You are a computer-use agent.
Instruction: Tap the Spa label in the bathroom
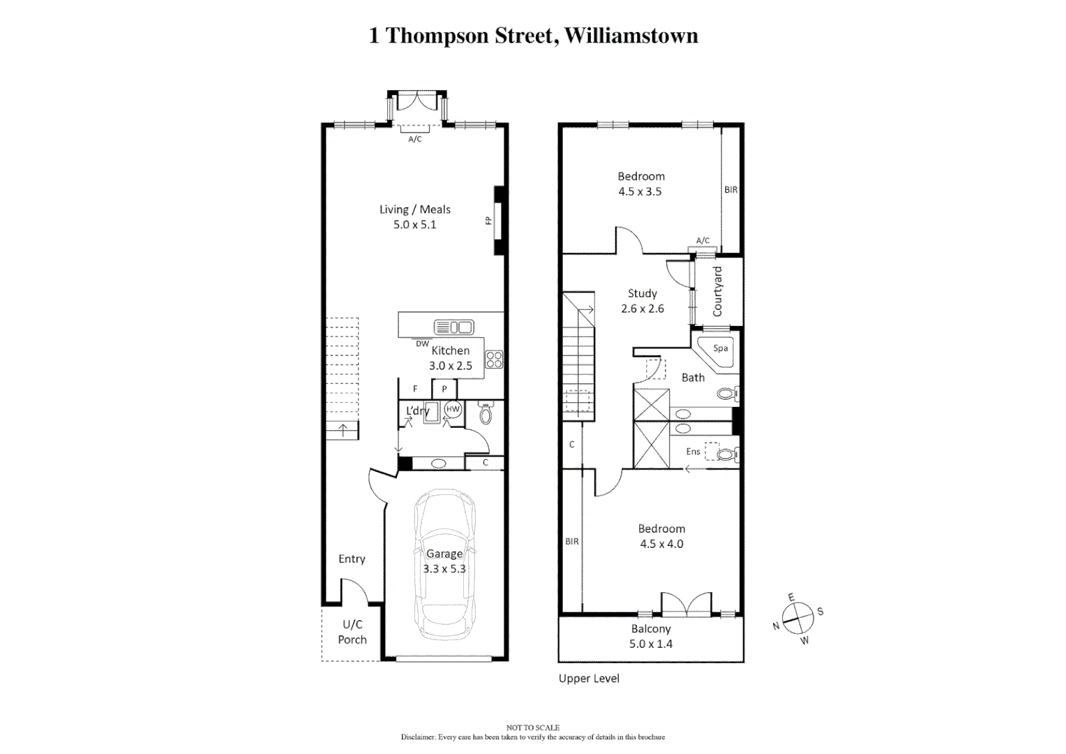[721, 348]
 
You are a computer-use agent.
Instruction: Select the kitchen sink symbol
[453, 327]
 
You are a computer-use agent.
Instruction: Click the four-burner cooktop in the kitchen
[494, 360]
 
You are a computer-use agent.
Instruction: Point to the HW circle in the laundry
[453, 409]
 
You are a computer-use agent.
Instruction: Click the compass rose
[797, 618]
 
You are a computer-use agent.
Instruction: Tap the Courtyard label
[717, 291]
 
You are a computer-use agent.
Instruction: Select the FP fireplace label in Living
[488, 221]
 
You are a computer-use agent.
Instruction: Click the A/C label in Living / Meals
[414, 139]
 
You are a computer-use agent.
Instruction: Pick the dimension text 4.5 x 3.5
[640, 191]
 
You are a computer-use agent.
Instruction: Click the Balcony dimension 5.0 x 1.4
[650, 644]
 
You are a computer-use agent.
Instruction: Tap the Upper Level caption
[589, 678]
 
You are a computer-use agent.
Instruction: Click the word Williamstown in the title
[631, 36]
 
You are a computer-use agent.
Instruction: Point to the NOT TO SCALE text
[532, 727]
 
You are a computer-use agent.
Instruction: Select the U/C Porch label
[352, 632]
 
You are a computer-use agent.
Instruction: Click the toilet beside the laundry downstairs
[486, 415]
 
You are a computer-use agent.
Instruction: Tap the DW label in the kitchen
[422, 343]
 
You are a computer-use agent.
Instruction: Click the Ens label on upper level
[693, 452]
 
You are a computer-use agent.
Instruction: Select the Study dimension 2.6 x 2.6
[642, 309]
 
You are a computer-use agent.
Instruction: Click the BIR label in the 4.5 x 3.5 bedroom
[730, 189]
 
